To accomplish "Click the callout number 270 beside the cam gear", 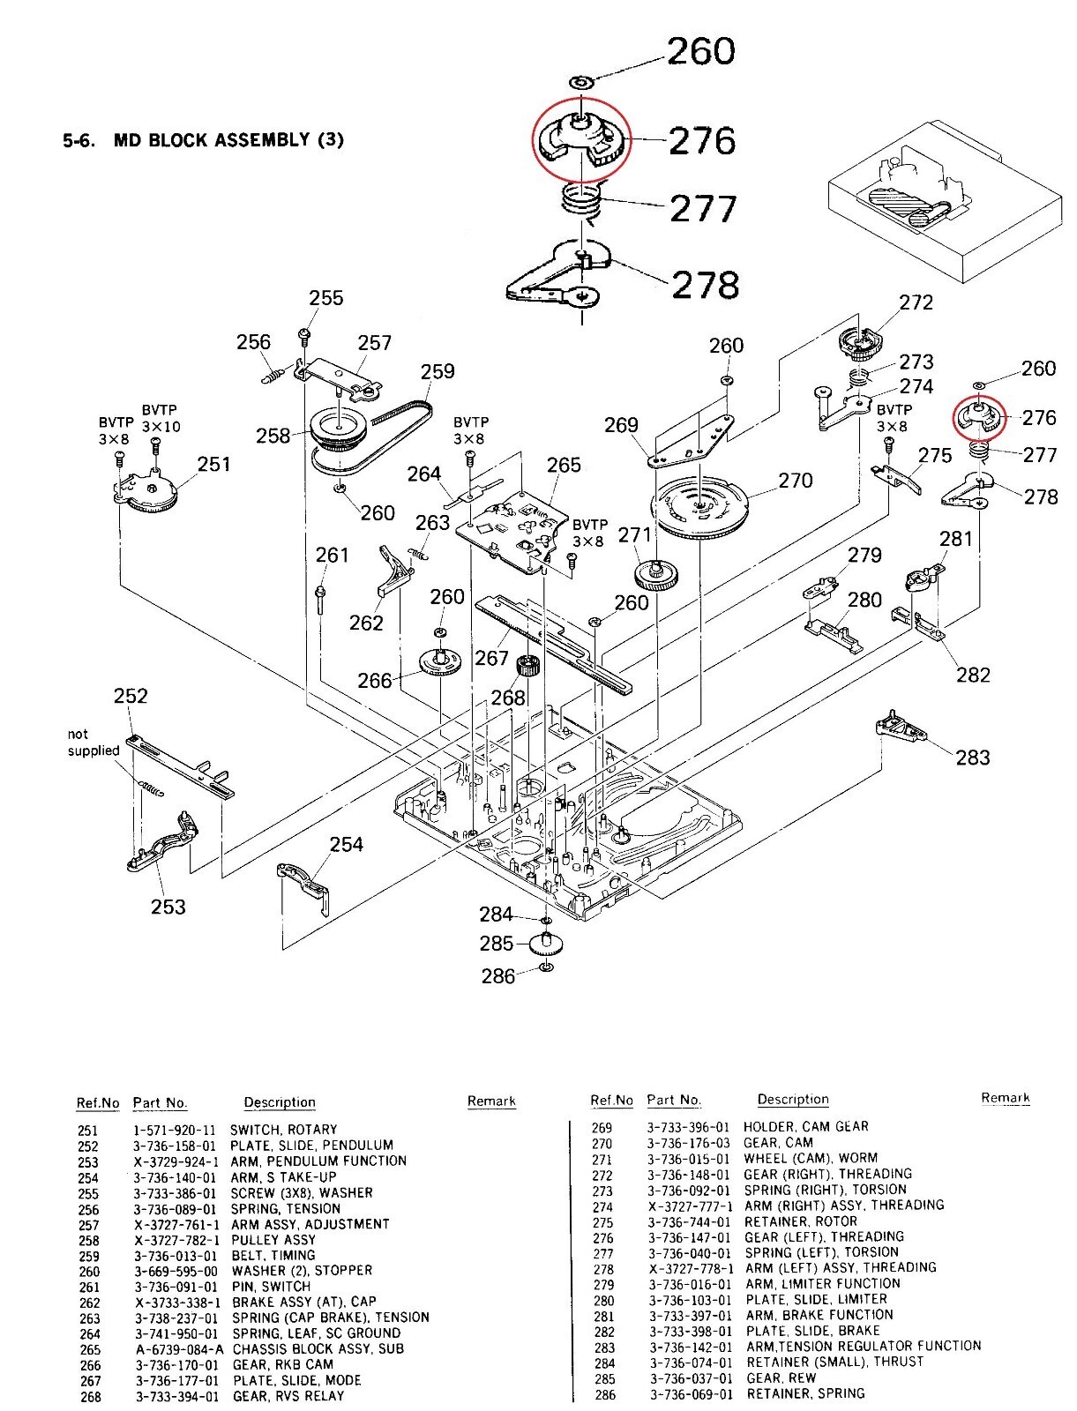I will [x=796, y=481].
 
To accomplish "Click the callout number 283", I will [x=972, y=757].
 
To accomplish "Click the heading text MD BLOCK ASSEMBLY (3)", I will [x=228, y=140].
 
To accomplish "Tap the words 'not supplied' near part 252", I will [x=93, y=743].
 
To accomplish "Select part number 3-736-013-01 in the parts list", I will [x=175, y=1256].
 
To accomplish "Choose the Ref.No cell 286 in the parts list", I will [x=604, y=1394].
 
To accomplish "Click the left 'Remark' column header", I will [x=491, y=1101].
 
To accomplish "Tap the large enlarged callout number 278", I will [x=704, y=285].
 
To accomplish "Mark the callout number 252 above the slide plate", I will [x=131, y=696].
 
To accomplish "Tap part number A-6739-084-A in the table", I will [x=178, y=1349].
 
